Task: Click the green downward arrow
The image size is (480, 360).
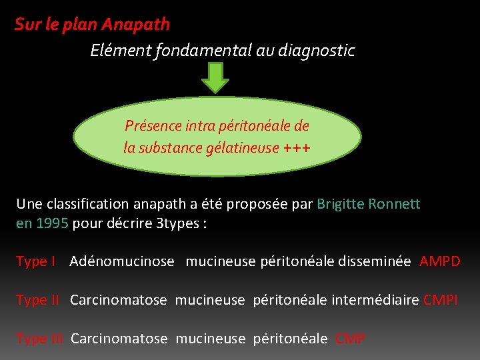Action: tap(215, 77)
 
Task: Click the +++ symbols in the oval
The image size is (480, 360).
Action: tap(297, 147)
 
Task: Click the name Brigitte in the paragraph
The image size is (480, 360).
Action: tap(341, 204)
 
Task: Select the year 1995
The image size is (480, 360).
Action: tap(52, 223)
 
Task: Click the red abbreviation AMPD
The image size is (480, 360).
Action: tap(440, 261)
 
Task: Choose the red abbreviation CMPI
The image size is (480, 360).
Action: tap(441, 300)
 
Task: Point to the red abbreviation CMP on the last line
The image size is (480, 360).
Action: tap(351, 339)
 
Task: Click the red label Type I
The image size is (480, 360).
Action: tap(35, 261)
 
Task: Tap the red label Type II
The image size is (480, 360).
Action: tap(37, 300)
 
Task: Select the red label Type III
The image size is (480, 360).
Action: tap(39, 339)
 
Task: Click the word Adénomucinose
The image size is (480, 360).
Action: tap(122, 261)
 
